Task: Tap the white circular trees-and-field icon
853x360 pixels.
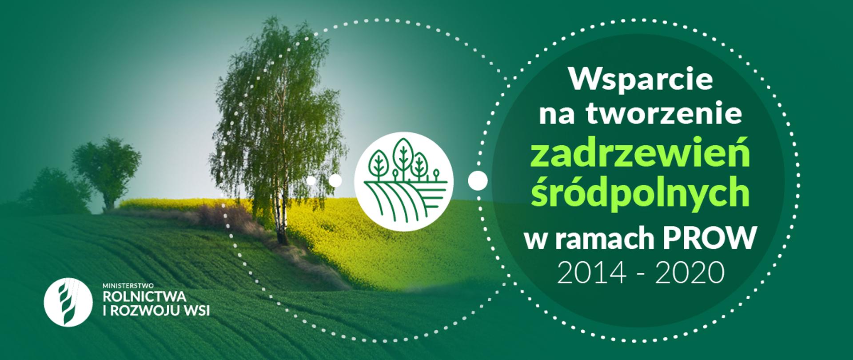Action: (403, 180)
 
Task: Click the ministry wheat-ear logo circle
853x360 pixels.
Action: (68, 302)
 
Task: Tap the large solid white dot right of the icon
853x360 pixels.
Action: (478, 180)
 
